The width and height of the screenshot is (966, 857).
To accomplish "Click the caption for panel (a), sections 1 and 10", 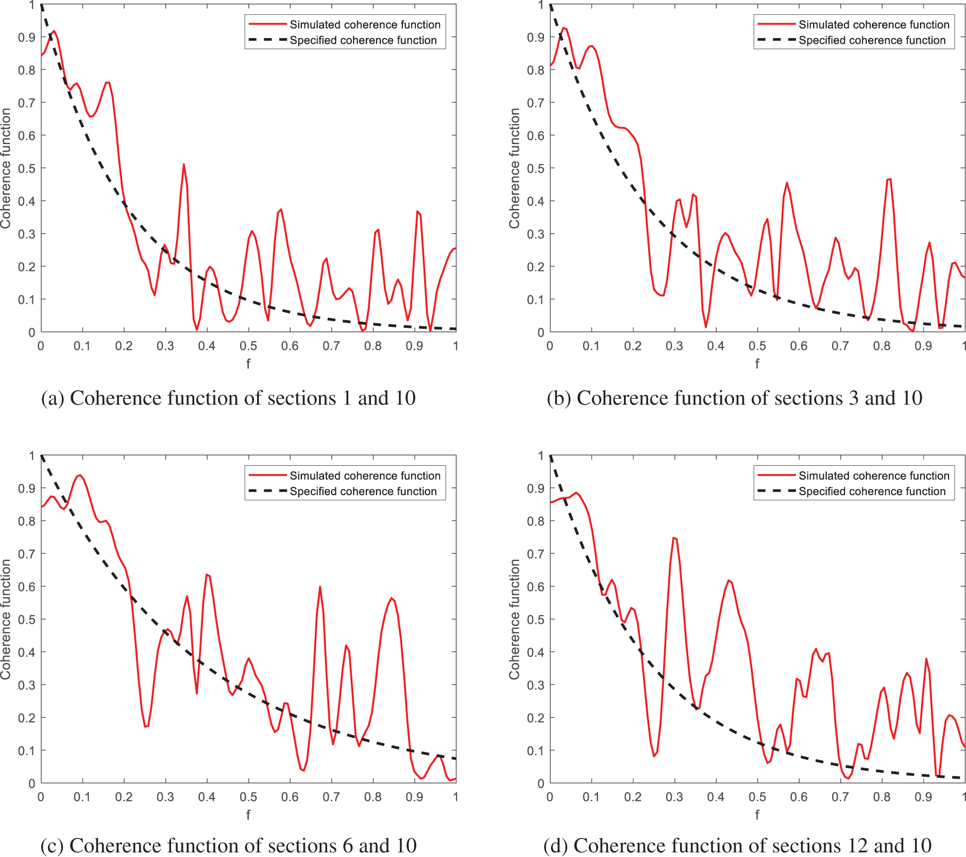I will pos(228,398).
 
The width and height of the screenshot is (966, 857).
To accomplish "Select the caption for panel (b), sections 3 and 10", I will pos(734,398).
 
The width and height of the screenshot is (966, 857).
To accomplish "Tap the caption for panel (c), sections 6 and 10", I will pos(228,845).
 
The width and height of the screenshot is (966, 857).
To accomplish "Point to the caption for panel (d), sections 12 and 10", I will pos(737,845).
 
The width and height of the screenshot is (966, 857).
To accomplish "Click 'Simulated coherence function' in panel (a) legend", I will pos(365,25).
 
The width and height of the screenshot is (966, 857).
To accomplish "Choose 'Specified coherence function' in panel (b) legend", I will pos(872,40).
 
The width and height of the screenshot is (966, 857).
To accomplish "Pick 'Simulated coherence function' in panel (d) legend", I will pos(874,476).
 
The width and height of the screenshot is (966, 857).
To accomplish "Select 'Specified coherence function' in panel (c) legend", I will pos(363,491).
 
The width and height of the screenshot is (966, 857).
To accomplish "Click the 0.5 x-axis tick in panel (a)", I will pos(248,346).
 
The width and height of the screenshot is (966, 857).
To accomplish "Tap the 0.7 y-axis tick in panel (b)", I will pos(536,103).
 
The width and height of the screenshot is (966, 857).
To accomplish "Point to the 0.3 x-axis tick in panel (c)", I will pos(165,797).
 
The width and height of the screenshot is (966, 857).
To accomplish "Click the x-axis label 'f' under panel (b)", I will pos(757,363).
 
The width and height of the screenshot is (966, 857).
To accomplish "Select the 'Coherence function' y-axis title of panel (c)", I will pos(6,619).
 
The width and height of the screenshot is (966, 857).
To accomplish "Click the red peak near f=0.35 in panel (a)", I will pos(184,165).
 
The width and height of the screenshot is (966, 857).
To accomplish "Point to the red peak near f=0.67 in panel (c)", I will pos(320,587).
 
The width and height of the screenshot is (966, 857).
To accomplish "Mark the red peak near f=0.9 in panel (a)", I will pos(417,212).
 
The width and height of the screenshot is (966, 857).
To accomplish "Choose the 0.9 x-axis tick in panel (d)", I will pos(923,797).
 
